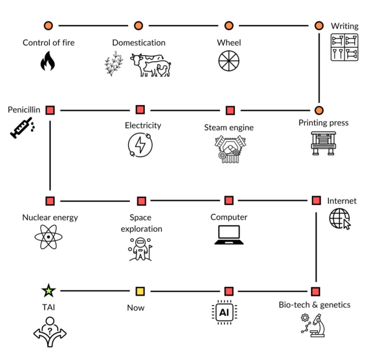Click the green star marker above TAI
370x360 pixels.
[x=49, y=291]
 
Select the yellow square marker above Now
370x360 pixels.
[x=140, y=291]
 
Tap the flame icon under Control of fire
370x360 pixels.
[x=48, y=61]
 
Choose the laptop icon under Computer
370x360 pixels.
[x=229, y=235]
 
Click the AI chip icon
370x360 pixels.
[x=224, y=312]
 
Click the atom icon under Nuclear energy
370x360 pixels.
[x=48, y=237]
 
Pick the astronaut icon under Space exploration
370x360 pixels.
[x=141, y=248]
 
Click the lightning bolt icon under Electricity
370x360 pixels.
[x=140, y=145]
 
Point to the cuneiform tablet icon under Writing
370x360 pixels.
[x=345, y=47]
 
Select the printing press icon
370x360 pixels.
[x=323, y=143]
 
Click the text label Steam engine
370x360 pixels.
[x=229, y=127]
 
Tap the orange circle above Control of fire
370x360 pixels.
[x=48, y=25]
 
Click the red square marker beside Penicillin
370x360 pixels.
[x=50, y=110]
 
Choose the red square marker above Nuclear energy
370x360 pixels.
[x=50, y=201]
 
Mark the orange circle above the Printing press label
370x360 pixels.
[x=319, y=110]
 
